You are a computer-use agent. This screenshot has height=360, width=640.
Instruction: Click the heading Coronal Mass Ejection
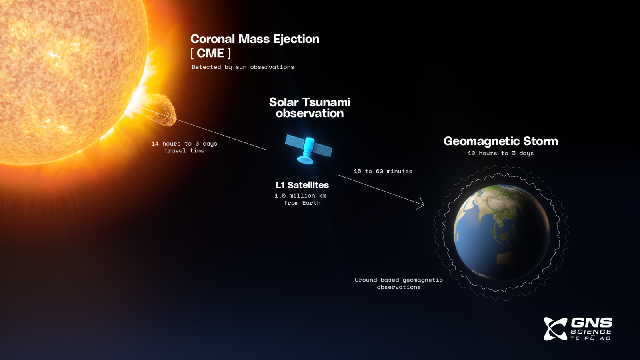coord(255,39)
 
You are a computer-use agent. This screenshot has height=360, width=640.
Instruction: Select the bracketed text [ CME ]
coord(210,53)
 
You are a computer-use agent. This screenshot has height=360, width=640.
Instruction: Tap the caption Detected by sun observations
coord(242,67)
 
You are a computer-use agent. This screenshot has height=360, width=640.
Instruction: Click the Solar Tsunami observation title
coord(310,108)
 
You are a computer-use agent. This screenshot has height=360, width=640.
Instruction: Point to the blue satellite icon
coord(308,150)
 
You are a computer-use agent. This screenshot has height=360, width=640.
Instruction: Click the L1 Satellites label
coord(302,185)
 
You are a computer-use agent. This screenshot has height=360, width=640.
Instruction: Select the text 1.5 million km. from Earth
coord(302,199)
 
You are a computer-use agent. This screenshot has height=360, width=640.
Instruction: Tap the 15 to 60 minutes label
coord(383,171)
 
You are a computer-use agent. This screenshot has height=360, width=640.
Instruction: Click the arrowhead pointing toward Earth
coord(422,204)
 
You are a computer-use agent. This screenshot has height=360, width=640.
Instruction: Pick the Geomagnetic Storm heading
coord(500,141)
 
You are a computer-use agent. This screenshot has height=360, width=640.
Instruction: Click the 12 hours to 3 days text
coord(500,153)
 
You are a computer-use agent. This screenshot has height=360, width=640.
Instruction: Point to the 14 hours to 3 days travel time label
coord(184,147)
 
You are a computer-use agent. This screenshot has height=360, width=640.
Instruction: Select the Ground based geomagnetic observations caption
coord(399,283)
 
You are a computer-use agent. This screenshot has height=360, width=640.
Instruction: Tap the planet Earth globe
coord(502,232)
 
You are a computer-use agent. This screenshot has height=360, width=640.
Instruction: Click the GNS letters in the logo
coord(591,322)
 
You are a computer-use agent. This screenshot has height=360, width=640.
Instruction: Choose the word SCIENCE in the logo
coord(591,332)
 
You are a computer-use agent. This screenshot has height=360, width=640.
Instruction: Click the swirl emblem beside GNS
coord(555,329)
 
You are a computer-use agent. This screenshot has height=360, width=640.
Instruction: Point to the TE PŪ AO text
coord(590,338)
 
